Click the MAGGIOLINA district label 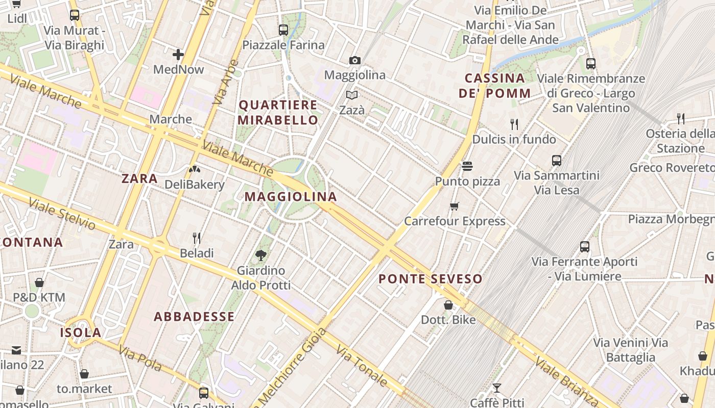(291, 196)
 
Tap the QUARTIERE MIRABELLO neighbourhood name (278, 113)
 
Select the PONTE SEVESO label (431, 279)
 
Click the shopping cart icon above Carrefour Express (455, 206)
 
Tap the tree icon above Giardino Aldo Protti (261, 255)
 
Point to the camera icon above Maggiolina (355, 60)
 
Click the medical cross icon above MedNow (178, 54)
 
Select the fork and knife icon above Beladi (197, 238)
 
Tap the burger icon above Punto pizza (467, 166)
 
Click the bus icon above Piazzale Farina (283, 30)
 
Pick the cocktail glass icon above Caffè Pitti (496, 388)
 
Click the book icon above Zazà (352, 95)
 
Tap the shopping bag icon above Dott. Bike (448, 305)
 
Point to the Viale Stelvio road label (62, 214)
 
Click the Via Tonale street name (362, 366)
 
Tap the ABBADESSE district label (194, 317)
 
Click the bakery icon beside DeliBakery (195, 169)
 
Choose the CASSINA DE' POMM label (494, 86)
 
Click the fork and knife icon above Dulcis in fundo (514, 124)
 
